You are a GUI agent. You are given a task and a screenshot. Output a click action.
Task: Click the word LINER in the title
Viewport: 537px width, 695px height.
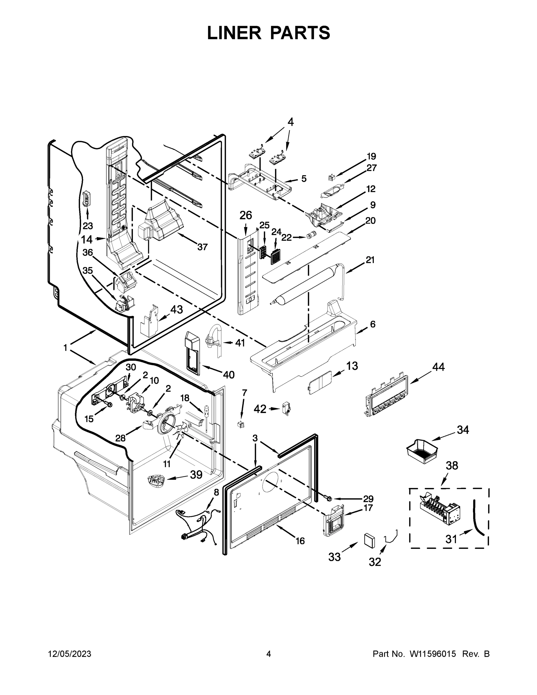[234, 33]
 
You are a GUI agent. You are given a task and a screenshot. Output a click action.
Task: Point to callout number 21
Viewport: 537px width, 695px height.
[370, 260]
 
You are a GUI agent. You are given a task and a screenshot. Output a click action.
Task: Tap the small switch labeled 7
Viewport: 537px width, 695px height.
[241, 424]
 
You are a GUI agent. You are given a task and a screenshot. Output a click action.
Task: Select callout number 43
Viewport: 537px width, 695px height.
[177, 309]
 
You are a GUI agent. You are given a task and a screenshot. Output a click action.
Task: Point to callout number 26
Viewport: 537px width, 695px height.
[245, 215]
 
